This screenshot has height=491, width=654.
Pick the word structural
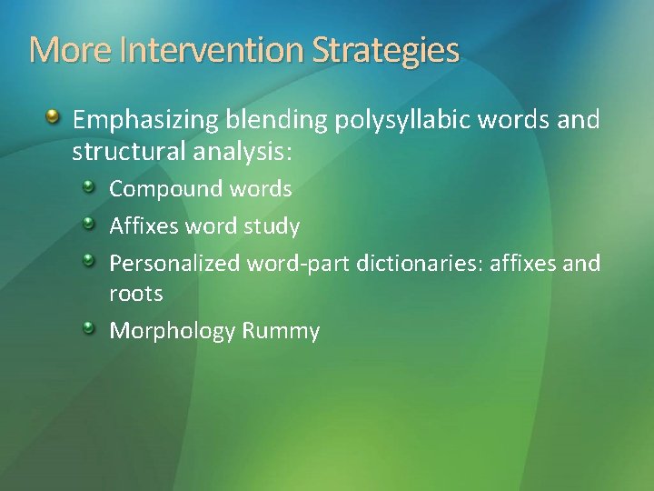click(x=129, y=151)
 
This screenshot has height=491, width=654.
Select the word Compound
click(x=166, y=189)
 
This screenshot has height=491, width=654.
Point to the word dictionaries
click(x=422, y=264)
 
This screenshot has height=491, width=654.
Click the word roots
click(x=136, y=294)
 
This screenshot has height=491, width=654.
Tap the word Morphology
click(x=173, y=331)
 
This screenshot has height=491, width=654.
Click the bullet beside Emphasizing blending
click(x=54, y=117)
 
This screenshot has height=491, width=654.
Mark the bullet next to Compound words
click(x=89, y=187)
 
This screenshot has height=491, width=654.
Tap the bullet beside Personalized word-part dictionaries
click(x=89, y=262)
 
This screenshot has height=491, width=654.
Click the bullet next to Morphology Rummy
click(x=89, y=328)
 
